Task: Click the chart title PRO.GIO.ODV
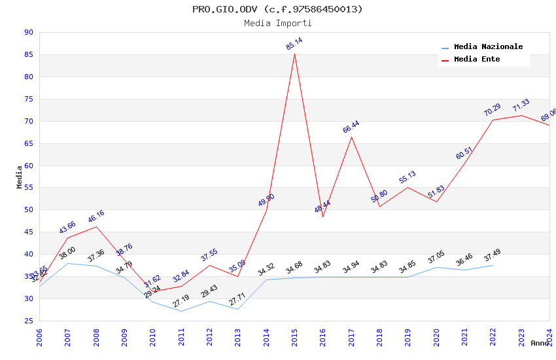277,9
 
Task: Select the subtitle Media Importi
278,24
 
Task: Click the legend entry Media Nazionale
488,47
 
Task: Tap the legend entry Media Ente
477,60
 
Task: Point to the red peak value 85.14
294,44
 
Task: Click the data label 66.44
351,127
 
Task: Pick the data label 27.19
181,301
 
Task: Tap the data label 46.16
96,217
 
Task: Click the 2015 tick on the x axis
294,336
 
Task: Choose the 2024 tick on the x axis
549,336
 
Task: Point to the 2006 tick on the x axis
39,336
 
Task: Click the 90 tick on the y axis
28,33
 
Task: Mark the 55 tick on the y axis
28,188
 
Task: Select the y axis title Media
20,177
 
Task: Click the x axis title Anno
540,343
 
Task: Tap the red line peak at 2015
294,54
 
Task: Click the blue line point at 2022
493,265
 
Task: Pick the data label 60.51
464,154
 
